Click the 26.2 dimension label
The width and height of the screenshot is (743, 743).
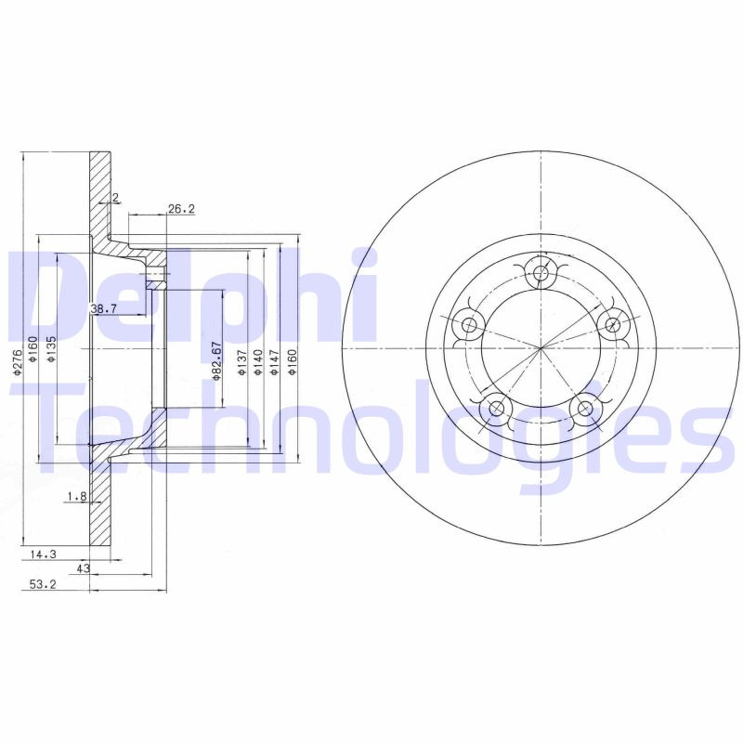181,210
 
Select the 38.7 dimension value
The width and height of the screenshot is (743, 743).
102,307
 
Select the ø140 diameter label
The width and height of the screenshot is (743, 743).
258,362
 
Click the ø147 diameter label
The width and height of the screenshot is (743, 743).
274,362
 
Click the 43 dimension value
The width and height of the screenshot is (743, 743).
83,568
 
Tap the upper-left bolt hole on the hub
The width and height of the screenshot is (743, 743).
469,325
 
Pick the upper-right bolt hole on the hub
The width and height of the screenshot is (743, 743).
611,324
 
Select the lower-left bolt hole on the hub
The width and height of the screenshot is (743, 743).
496,408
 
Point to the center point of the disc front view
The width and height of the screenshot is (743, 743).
541,348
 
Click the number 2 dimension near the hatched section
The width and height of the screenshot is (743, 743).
114,197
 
